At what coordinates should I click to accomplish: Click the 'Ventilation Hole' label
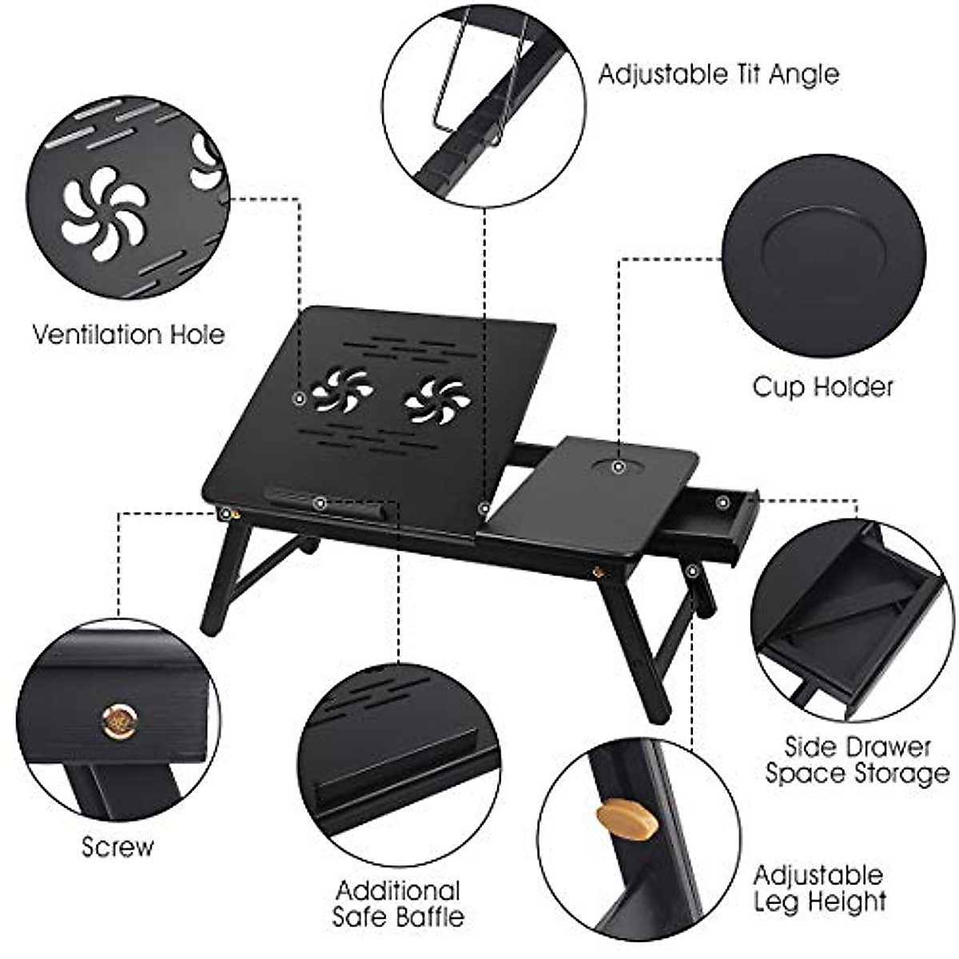click(129, 333)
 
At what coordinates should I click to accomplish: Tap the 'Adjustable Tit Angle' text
click(718, 74)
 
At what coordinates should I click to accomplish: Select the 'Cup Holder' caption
click(822, 387)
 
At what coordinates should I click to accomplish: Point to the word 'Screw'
click(117, 846)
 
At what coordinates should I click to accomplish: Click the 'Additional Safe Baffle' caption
click(398, 903)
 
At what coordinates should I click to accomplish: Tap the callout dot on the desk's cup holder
click(619, 465)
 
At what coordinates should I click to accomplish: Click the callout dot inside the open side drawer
click(722, 502)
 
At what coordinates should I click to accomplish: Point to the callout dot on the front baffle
click(320, 503)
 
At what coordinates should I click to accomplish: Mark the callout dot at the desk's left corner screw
click(226, 513)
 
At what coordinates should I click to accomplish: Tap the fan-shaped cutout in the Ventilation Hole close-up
click(104, 212)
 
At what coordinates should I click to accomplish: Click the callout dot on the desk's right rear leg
click(692, 571)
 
